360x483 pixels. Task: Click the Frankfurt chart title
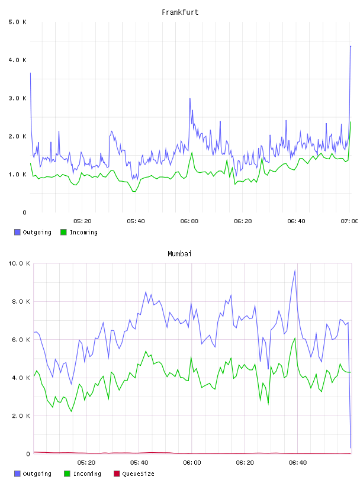[x=180, y=12]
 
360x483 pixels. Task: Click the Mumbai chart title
[x=179, y=254]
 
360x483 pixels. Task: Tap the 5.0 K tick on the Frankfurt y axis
[x=18, y=22]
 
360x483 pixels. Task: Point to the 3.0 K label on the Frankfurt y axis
[x=18, y=98]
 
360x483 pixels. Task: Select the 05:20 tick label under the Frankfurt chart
[x=82, y=221]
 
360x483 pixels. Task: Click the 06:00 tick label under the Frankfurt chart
[x=189, y=221]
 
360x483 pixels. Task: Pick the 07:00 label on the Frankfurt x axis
[x=349, y=221]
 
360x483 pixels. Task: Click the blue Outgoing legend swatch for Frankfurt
[x=17, y=232]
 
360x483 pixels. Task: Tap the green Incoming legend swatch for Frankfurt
[x=63, y=232]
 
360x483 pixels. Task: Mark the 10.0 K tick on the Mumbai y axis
[x=19, y=263]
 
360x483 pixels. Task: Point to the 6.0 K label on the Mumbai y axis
[x=21, y=339]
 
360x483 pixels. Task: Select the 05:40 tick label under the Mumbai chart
[x=139, y=462]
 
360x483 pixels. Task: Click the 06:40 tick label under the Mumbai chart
[x=298, y=462]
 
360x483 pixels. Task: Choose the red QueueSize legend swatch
[x=117, y=474]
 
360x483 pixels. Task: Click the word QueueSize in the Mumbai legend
[x=138, y=474]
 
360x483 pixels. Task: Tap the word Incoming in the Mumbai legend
[x=87, y=474]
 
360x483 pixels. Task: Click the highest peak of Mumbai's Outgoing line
[x=295, y=271]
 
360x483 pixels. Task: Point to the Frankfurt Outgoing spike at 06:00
[x=190, y=99]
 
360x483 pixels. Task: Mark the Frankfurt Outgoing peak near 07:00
[x=351, y=46]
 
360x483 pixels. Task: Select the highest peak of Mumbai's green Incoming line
[x=295, y=338]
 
